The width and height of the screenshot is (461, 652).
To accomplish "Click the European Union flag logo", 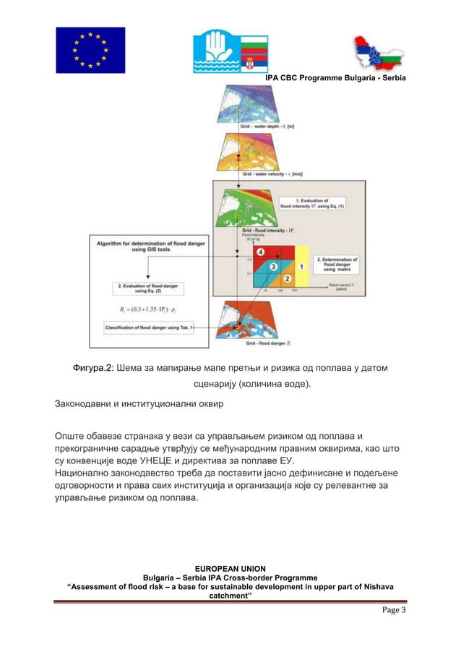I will coord(90,50).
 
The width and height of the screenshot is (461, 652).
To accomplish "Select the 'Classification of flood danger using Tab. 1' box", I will coord(150,330).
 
